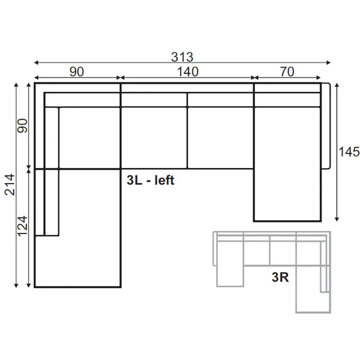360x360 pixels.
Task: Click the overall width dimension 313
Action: coord(182,57)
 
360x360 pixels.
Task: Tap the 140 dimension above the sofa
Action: coord(188,71)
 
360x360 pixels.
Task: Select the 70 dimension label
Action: coord(287,71)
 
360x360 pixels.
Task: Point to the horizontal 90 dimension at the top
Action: coord(77,71)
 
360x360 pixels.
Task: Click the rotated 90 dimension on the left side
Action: coord(23,125)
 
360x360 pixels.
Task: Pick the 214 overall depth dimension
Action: coord(10,185)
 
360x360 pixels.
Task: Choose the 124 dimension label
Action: coord(23,226)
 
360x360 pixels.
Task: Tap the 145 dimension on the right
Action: coord(349,152)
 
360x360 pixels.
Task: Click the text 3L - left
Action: coord(151,180)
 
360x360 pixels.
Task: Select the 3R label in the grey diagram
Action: coord(280,277)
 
